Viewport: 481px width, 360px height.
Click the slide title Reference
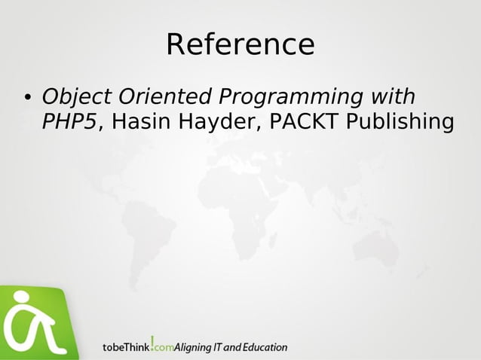pos(240,44)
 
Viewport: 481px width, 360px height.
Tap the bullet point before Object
pos(26,99)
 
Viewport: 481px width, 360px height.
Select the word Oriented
pos(163,98)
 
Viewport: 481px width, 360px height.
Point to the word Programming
pos(290,98)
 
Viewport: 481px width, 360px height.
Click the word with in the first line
pos(392,98)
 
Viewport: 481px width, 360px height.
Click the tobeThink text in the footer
pos(126,348)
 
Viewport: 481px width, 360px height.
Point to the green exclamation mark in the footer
pos(153,343)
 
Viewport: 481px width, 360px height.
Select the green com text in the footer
pos(165,349)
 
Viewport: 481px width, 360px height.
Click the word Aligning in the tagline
pos(194,348)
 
